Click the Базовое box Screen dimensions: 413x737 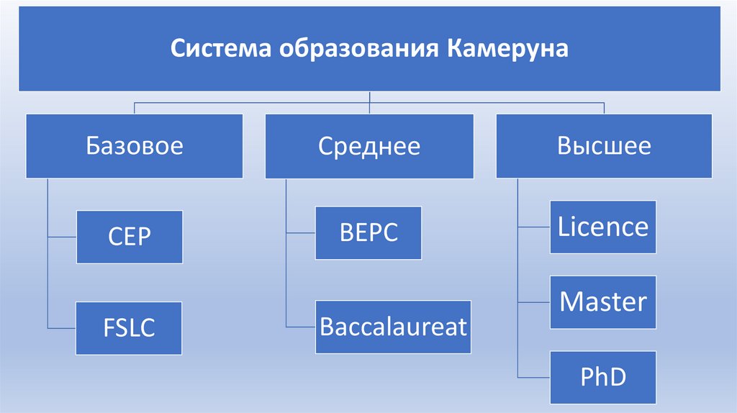(135, 146)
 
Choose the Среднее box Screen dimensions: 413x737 (369, 146)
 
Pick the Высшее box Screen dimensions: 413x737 (604, 146)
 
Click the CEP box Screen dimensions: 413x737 (130, 237)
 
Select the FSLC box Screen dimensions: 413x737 (130, 328)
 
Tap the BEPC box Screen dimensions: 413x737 (368, 233)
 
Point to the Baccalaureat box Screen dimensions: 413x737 (393, 327)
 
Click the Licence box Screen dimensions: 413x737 (603, 227)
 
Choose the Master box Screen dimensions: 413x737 (603, 301)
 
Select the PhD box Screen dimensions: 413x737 (603, 377)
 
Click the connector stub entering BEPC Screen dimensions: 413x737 (300, 233)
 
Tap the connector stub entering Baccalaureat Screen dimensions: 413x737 (300, 327)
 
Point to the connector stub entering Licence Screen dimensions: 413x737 (533, 227)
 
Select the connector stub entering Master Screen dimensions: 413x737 (533, 301)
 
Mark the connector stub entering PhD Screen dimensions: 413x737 (533, 377)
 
